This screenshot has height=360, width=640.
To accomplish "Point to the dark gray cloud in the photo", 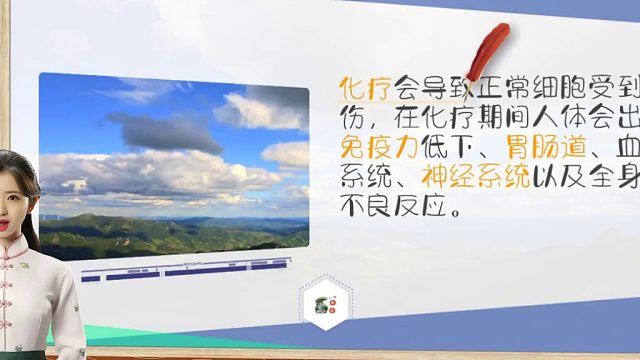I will (x=165, y=130).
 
